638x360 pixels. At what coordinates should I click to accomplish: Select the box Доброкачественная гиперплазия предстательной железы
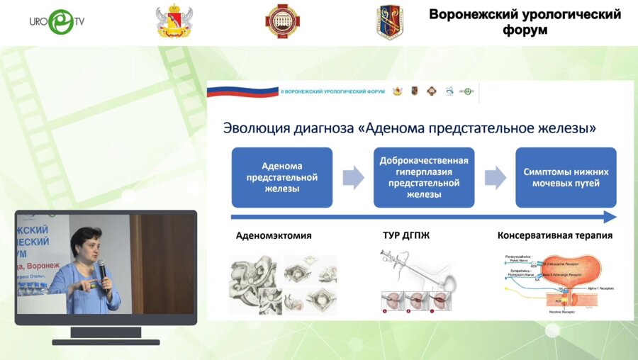(424, 177)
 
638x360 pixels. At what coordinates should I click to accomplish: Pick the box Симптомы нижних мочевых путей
(566, 177)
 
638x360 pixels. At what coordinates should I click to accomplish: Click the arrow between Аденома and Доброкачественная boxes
(353, 177)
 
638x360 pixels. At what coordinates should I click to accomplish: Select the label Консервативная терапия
(555, 235)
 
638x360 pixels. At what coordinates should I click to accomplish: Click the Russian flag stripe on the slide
(242, 91)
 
